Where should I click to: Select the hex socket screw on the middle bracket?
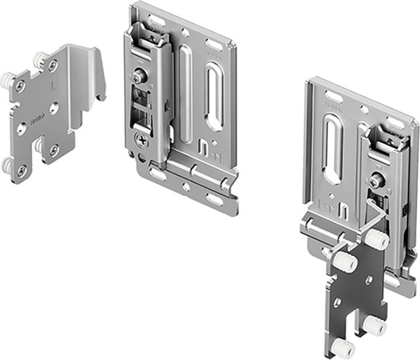pos(138,78)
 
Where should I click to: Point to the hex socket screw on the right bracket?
pos(379,183)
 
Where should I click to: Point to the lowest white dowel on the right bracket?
pos(345,349)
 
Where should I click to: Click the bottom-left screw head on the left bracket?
pos(21,170)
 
